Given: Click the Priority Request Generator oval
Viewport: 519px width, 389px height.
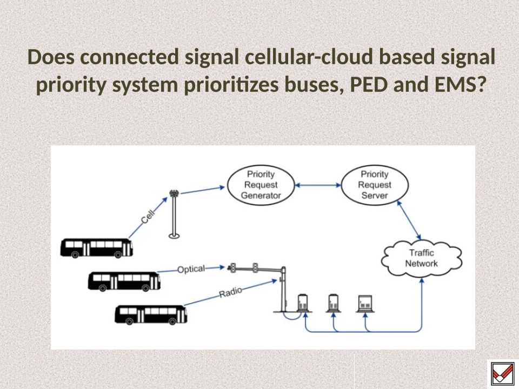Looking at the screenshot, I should pyautogui.click(x=261, y=185).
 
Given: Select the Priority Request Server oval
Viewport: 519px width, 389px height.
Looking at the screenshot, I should pyautogui.click(x=375, y=185).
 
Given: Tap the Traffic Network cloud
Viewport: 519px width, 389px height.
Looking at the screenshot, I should pyautogui.click(x=422, y=258).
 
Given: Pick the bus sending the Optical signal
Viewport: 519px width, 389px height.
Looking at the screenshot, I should pyautogui.click(x=124, y=281).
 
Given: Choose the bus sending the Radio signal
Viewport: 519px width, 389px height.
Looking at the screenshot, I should pyautogui.click(x=151, y=314).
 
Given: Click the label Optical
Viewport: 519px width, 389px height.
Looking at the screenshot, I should pyautogui.click(x=191, y=269).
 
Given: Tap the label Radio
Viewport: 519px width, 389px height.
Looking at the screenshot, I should pyautogui.click(x=230, y=293).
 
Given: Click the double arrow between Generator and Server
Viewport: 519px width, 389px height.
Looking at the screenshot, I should pyautogui.click(x=318, y=185).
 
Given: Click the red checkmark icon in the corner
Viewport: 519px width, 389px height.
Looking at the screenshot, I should pyautogui.click(x=501, y=373).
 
